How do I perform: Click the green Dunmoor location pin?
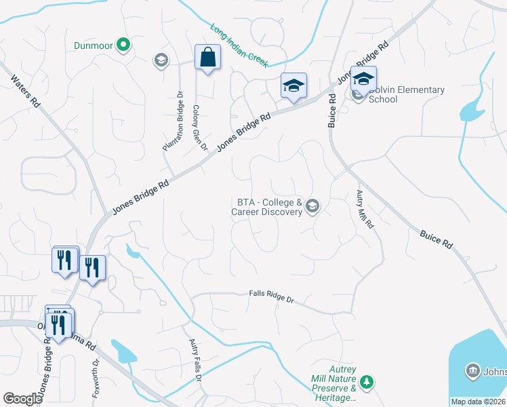(x=123, y=45)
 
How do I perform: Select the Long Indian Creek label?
(x=239, y=46)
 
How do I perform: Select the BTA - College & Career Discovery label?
(x=269, y=207)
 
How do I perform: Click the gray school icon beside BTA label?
(x=312, y=206)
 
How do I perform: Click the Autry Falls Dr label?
(x=195, y=361)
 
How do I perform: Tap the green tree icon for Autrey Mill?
(x=366, y=383)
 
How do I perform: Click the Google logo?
(x=23, y=399)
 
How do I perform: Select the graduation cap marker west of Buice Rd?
(x=293, y=86)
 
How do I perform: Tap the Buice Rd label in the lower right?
(x=435, y=240)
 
